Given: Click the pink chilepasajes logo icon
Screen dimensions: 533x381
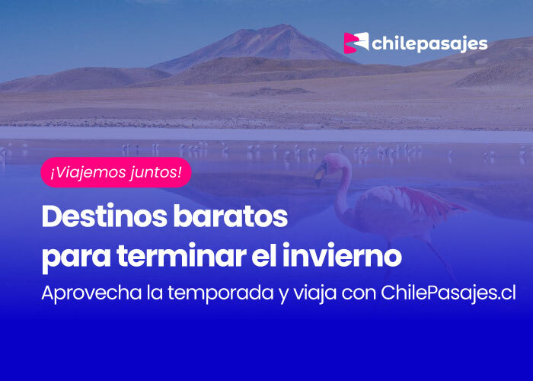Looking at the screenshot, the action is [x=356, y=43].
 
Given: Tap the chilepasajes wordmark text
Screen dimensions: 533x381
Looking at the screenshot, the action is [x=429, y=44].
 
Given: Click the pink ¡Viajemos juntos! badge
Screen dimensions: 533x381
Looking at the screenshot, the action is [x=116, y=172].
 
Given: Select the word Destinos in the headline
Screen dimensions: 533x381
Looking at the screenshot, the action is [x=104, y=216].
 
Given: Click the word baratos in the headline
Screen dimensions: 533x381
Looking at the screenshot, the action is [x=231, y=216].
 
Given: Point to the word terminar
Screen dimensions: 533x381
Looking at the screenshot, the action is [x=181, y=255].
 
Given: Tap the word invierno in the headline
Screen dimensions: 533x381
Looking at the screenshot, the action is [x=342, y=255].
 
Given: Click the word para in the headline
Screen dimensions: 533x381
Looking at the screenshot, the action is [x=76, y=258].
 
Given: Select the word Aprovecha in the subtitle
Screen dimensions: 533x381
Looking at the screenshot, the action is [x=91, y=293].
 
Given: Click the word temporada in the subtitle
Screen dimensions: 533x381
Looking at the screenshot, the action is [x=221, y=293].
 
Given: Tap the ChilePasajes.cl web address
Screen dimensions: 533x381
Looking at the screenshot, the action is [x=448, y=293].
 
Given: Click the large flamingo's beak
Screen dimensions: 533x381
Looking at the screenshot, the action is [x=320, y=174].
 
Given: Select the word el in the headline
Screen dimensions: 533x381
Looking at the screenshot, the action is [x=263, y=255].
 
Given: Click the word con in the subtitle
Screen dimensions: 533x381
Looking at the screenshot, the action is [x=359, y=294].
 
